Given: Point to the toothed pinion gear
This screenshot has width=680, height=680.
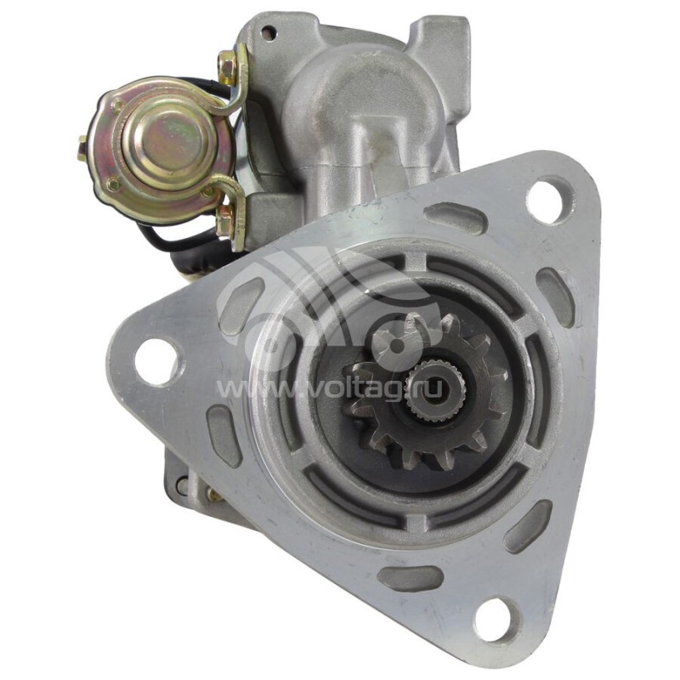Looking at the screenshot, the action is point(428,393).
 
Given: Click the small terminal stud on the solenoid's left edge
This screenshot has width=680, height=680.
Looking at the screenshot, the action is point(82,148).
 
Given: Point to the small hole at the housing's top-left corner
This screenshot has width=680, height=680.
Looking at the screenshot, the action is point(269,31).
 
